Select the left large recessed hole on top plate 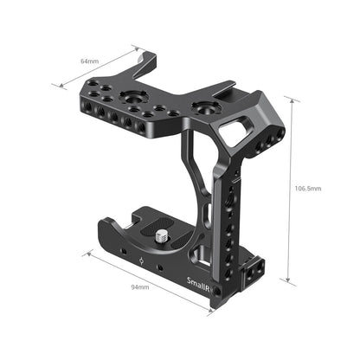(137, 98)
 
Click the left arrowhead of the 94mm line (87, 254)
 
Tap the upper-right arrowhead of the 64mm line (136, 48)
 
